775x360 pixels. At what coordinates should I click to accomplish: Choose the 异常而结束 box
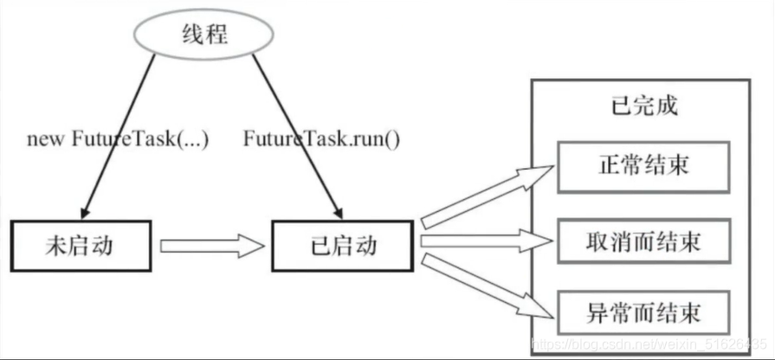pos(643,309)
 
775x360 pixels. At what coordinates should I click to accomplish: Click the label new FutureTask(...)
pos(118,138)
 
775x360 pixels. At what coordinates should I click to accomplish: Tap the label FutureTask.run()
pos(321,138)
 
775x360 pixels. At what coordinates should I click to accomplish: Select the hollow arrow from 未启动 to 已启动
pos(213,246)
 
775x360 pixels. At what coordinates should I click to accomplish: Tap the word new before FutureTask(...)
pos(42,138)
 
